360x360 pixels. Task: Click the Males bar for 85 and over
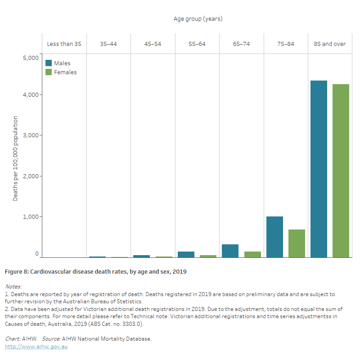tap(319, 169)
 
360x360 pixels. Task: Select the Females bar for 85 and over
tap(341, 171)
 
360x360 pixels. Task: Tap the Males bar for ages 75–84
tap(274, 237)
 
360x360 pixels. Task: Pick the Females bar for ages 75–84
tap(297, 243)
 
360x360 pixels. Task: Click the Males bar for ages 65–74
tap(230, 251)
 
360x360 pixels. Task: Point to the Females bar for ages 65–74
tap(252, 254)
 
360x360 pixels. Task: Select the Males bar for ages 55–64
tap(186, 254)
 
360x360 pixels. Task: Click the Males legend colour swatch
tap(49, 63)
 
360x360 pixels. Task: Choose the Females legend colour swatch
tap(49, 72)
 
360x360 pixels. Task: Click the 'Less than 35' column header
tap(64, 44)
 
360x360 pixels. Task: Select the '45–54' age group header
tap(153, 44)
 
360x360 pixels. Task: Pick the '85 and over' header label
tap(330, 44)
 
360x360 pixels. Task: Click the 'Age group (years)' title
tap(198, 19)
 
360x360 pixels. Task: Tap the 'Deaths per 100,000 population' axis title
tap(15, 158)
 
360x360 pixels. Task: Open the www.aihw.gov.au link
tap(36, 346)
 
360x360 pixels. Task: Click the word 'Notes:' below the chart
tap(13, 286)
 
